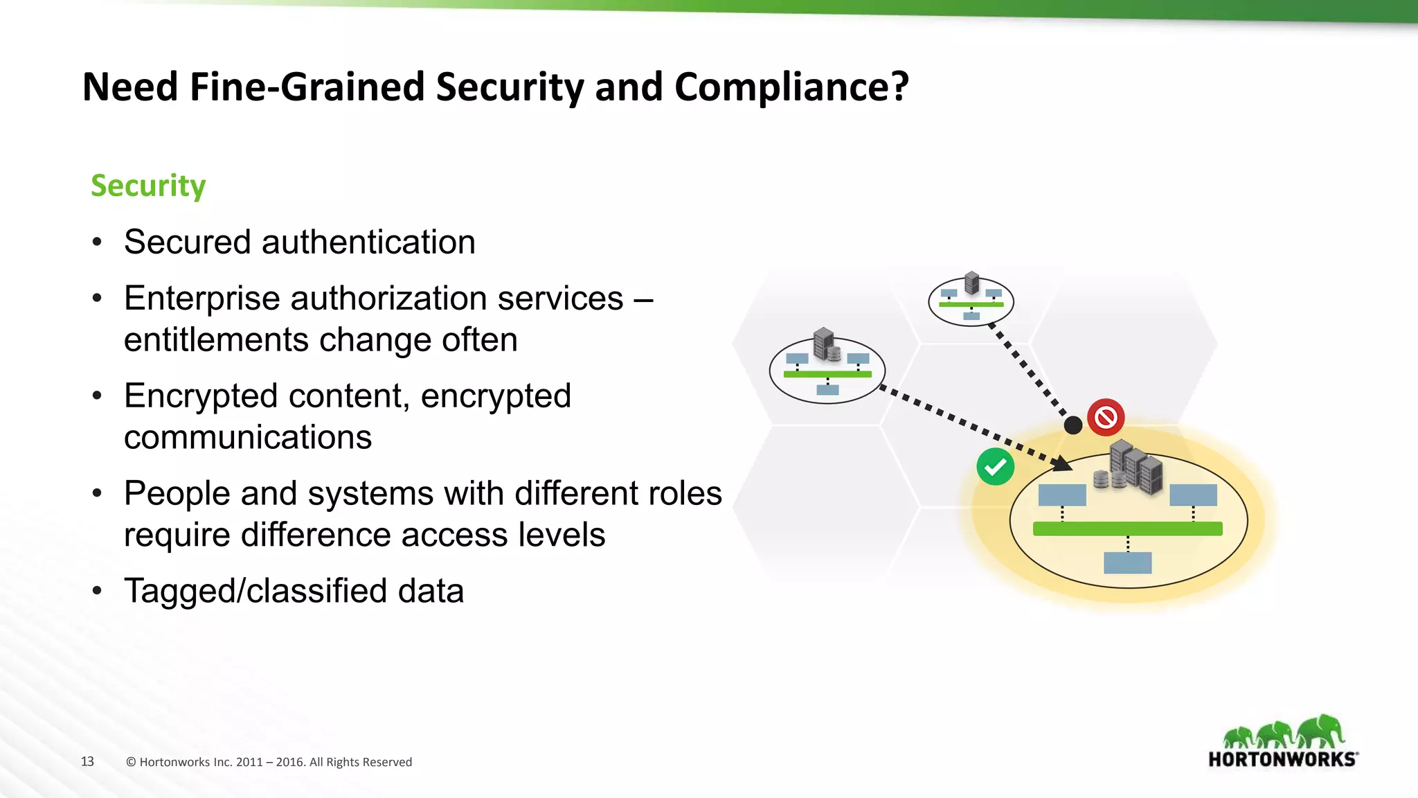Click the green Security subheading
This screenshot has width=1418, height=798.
pos(148,186)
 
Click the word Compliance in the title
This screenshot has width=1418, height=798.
pos(791,87)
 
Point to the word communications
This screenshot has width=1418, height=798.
pos(247,438)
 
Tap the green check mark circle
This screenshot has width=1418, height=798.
pos(995,467)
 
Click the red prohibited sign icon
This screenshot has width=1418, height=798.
pos(1105,417)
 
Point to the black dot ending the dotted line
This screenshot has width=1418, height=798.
pos(1073,425)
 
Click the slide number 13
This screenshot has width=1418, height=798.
pos(87,761)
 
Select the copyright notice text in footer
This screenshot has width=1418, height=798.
pos(269,762)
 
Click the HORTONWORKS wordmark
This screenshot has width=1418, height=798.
pos(1282,759)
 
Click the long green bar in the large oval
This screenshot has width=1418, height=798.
pos(1127,529)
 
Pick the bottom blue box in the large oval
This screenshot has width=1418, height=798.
pos(1127,562)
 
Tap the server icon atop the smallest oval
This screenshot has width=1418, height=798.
pos(971,283)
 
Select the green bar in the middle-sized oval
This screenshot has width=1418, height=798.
pos(827,374)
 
